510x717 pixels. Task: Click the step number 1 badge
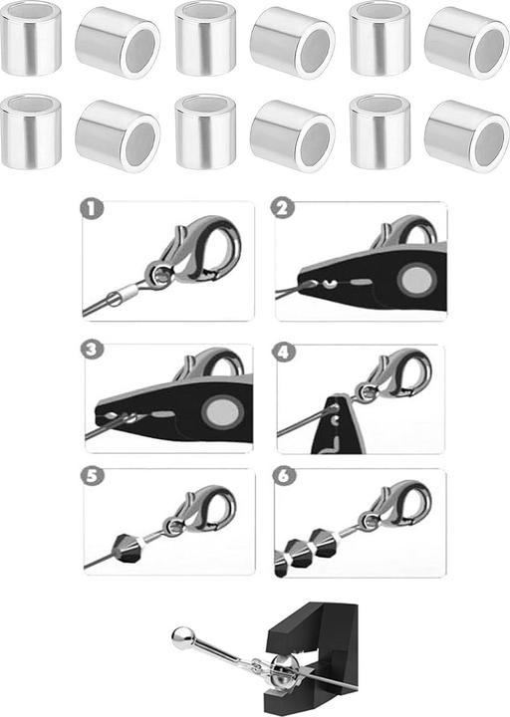pyautogui.click(x=92, y=209)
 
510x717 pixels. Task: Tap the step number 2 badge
pyautogui.click(x=283, y=208)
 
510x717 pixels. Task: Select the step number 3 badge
pyautogui.click(x=92, y=350)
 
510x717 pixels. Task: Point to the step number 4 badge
pyautogui.click(x=284, y=353)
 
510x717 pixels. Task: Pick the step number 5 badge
pyautogui.click(x=93, y=476)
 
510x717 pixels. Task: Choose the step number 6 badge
pyautogui.click(x=284, y=476)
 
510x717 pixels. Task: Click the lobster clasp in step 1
pyautogui.click(x=194, y=252)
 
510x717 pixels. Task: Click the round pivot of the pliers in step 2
pyautogui.click(x=416, y=280)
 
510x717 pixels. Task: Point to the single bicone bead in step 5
pyautogui.click(x=127, y=548)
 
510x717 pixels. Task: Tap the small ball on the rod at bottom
pyautogui.click(x=183, y=637)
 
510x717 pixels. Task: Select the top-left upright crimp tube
pyautogui.click(x=31, y=39)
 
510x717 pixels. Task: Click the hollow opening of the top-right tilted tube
pyautogui.click(x=489, y=52)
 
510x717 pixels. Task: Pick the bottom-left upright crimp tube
pyautogui.click(x=31, y=131)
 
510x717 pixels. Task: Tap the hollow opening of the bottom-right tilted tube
pyautogui.click(x=489, y=145)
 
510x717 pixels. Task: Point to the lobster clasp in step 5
pyautogui.click(x=201, y=510)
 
